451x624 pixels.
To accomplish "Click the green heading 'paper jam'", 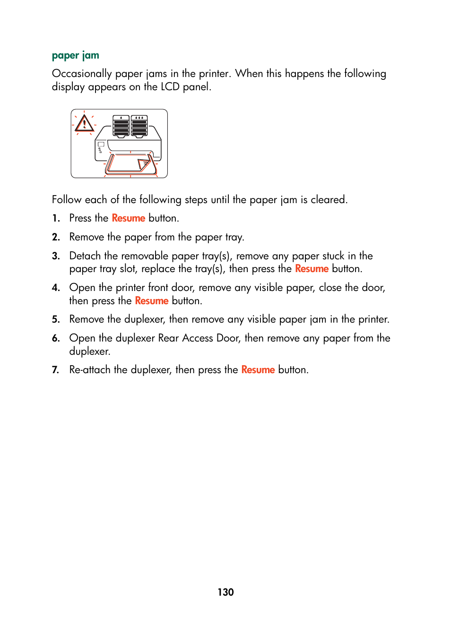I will pos(75,56).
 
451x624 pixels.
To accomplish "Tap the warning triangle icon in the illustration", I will pos(84,124).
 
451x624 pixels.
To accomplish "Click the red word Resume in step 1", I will pos(128,218).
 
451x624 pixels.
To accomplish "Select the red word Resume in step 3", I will pos(312,269).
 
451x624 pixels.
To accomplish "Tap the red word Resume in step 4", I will pos(151,301).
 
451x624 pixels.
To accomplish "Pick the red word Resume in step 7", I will pos(258,370).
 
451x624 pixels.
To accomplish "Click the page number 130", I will pos(225,592).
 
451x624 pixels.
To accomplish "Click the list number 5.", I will pos(56,320).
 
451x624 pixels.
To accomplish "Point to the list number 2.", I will pos(56,237).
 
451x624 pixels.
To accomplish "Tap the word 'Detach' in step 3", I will pos(85,256).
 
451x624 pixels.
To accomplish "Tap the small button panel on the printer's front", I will pos(100,148).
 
